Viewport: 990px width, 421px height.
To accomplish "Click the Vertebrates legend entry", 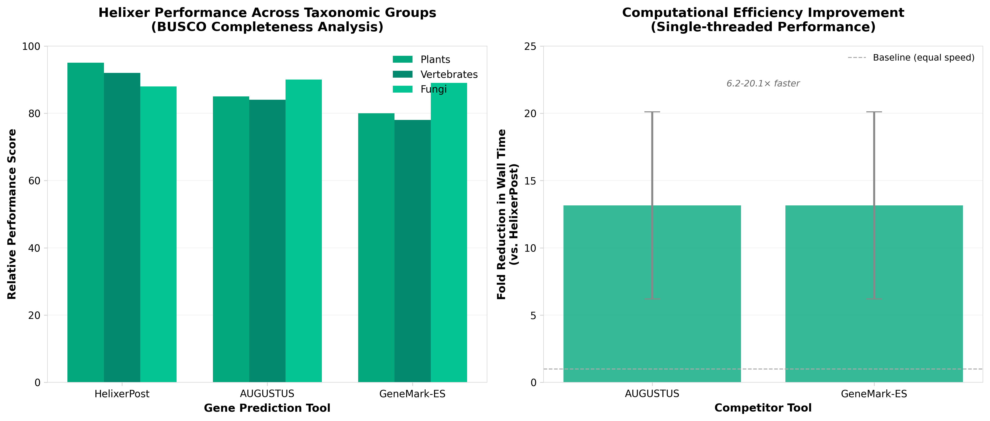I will (449, 74).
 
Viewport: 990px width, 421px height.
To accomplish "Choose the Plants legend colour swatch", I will (402, 59).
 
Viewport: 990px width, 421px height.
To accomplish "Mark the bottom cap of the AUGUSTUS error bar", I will (652, 299).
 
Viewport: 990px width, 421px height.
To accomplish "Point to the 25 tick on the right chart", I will (530, 47).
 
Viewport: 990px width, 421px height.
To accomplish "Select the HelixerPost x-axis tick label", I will (122, 394).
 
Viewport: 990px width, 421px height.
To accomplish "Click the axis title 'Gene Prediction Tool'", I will (267, 408).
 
